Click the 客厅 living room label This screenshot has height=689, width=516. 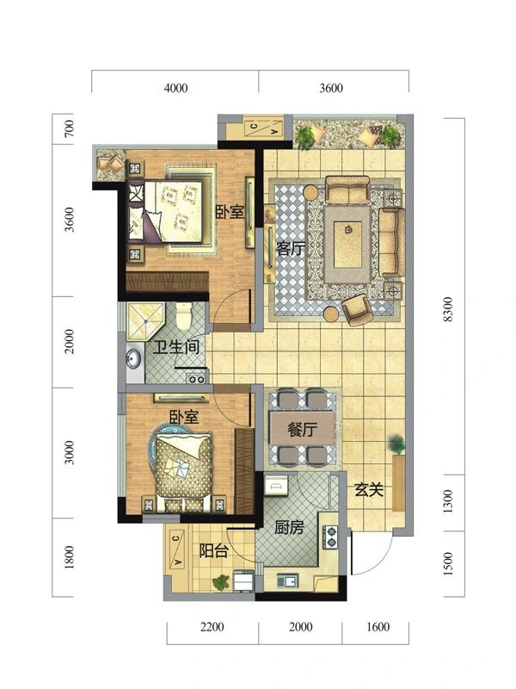coord(290,249)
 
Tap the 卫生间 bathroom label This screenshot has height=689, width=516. coord(177,349)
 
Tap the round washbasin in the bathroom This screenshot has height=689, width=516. coord(133,357)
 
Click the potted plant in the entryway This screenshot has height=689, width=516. coord(396,444)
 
